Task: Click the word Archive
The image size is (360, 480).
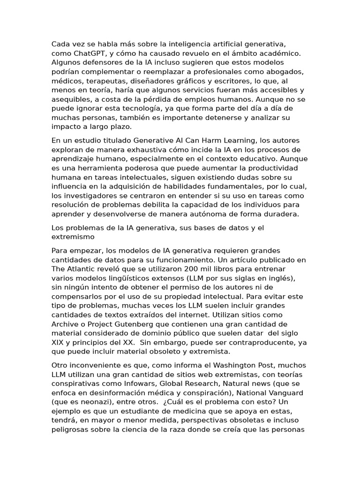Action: (65, 324)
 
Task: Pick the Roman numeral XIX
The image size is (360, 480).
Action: (58, 342)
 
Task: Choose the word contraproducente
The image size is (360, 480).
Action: (253, 342)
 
